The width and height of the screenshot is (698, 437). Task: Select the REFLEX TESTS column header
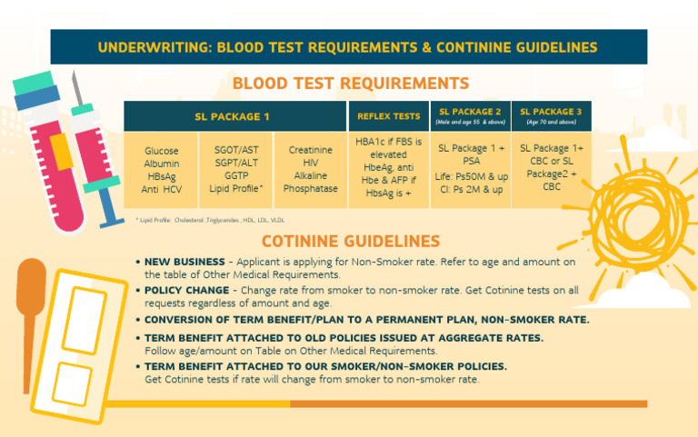point(388,116)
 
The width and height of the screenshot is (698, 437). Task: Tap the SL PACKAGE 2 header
point(470,112)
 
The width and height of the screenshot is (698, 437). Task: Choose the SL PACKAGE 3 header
point(551,112)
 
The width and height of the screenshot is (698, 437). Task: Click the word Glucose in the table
point(162,151)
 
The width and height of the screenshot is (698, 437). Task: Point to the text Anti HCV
point(162,189)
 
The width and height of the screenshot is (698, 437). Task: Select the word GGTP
point(236,176)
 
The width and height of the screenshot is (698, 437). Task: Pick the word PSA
point(470,162)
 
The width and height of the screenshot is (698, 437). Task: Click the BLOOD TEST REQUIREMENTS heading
point(350,84)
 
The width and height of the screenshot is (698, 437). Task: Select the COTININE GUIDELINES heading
point(350,242)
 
